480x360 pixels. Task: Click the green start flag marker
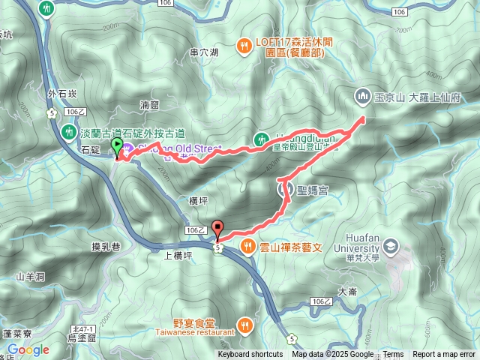pos(117,146)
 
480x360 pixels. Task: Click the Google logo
pos(28,349)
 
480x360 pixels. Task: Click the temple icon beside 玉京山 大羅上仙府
pos(361,96)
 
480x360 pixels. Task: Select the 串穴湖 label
pos(204,52)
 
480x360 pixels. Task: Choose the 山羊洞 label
pos(31,277)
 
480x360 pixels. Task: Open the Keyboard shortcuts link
pos(250,355)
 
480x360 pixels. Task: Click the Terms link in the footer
pos(393,355)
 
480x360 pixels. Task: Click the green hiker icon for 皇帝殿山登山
pos(262,139)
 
